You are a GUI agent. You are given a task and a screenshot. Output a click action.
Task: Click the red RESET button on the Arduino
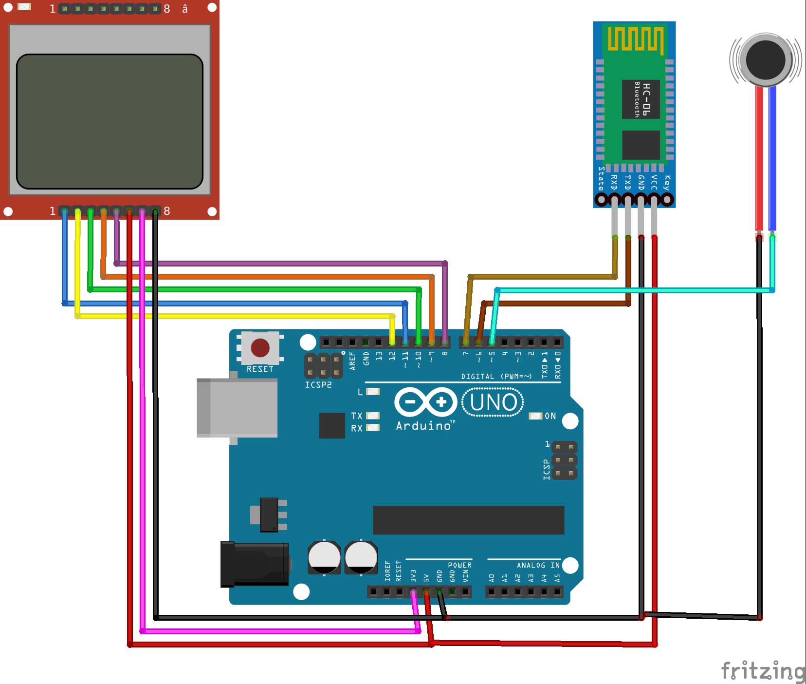260,348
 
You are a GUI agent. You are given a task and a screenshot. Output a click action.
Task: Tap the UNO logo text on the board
493,402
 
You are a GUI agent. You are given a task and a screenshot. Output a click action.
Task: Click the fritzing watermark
762,671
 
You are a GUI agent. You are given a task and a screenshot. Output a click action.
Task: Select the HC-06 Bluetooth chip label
641,99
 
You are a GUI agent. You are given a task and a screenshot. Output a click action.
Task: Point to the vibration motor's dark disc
766,59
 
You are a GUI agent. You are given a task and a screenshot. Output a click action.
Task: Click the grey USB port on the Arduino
237,407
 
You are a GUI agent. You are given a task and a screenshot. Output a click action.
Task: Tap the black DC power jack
255,564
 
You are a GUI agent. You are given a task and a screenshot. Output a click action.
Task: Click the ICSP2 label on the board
318,385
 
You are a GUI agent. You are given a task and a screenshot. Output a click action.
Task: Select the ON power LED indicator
535,416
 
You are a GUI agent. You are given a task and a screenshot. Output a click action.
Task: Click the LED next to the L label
373,392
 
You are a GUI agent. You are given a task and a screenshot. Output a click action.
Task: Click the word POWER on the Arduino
459,565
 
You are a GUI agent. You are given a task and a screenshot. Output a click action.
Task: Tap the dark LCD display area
110,121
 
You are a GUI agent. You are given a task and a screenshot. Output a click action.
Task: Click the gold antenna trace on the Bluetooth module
635,39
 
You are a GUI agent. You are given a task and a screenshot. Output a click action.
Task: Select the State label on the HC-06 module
601,178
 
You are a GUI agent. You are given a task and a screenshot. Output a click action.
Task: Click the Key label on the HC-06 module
667,182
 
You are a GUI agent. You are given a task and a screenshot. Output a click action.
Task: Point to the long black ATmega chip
468,520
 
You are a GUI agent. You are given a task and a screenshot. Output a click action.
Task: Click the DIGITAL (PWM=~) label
496,376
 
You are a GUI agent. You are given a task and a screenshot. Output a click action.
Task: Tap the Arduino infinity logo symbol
425,402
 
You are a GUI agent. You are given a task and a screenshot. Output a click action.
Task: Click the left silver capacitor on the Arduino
324,557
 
